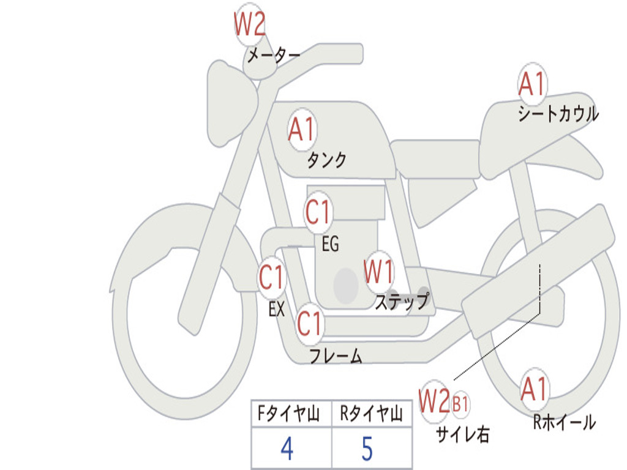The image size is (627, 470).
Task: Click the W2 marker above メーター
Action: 250,24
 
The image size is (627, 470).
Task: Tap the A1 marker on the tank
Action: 302,130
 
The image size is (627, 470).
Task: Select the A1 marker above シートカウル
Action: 532,84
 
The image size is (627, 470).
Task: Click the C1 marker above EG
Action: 318,212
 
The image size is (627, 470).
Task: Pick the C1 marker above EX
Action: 272,277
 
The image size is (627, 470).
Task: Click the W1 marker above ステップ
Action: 378,272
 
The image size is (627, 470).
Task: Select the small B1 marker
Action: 460,404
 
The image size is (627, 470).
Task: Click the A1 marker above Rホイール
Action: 534,389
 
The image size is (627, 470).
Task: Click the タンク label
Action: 327,160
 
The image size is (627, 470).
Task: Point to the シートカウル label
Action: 558,113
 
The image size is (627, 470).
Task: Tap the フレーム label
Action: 336,356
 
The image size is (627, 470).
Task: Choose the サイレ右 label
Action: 463,434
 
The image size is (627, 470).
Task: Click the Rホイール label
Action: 565,422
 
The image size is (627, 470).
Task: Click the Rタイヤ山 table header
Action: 371,413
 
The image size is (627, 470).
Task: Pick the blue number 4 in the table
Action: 287,449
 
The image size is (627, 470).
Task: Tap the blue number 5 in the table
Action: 367,449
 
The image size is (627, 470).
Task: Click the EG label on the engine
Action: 330,244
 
